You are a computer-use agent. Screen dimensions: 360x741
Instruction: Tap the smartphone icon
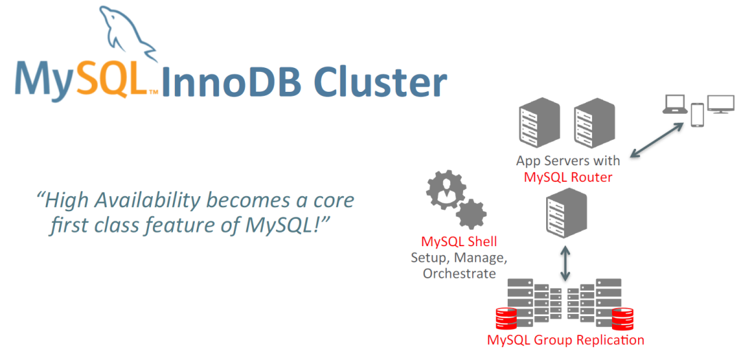point(697,115)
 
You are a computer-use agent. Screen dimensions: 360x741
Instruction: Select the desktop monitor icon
point(720,104)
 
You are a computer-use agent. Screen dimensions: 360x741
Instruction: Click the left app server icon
point(536,121)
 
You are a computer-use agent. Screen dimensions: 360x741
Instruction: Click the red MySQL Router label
point(567,178)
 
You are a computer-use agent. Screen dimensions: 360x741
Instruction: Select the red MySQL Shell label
point(459,242)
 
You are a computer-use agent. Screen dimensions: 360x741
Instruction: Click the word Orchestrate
point(459,274)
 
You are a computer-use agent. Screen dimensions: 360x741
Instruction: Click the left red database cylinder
point(506,319)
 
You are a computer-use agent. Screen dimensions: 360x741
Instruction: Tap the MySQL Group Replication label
point(565,340)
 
